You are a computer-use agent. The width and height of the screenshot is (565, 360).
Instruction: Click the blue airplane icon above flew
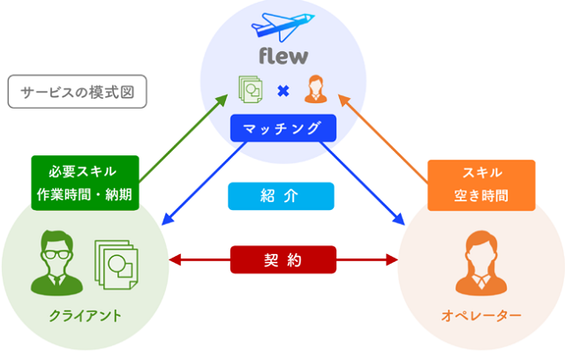coord(281,25)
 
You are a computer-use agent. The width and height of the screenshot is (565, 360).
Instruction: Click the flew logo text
coord(282,56)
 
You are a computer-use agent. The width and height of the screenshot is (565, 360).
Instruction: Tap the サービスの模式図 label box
coord(77,92)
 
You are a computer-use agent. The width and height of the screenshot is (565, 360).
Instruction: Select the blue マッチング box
coord(282,129)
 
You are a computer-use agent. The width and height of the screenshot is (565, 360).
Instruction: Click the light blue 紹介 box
coord(282,196)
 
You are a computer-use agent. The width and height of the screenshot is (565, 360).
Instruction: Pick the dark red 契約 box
coord(282,259)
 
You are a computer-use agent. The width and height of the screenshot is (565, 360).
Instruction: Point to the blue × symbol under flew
coord(282,90)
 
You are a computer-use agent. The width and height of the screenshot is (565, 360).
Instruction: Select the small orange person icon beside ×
coord(314,89)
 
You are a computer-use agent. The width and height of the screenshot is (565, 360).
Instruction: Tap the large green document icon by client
coord(119,266)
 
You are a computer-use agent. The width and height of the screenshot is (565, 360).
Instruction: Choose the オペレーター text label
coord(481,315)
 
